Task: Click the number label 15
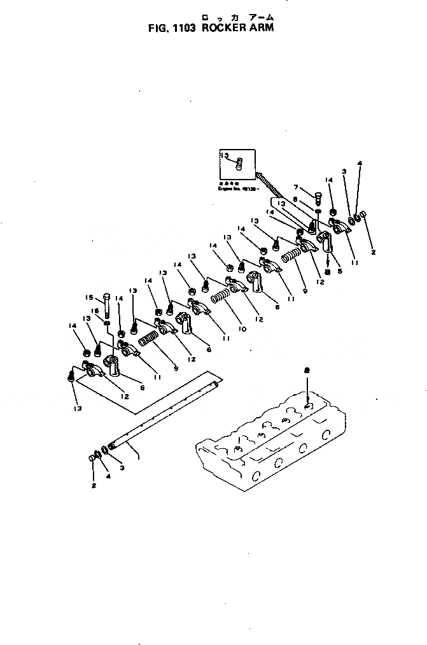pyautogui.click(x=90, y=297)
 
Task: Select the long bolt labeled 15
pyautogui.click(x=106, y=306)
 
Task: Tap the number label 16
pyautogui.click(x=96, y=311)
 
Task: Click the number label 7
pyautogui.click(x=296, y=187)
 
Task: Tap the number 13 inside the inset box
pyautogui.click(x=225, y=155)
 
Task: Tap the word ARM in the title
pyautogui.click(x=261, y=29)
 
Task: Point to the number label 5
pyautogui.click(x=340, y=271)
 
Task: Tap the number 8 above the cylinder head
pyautogui.click(x=306, y=369)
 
